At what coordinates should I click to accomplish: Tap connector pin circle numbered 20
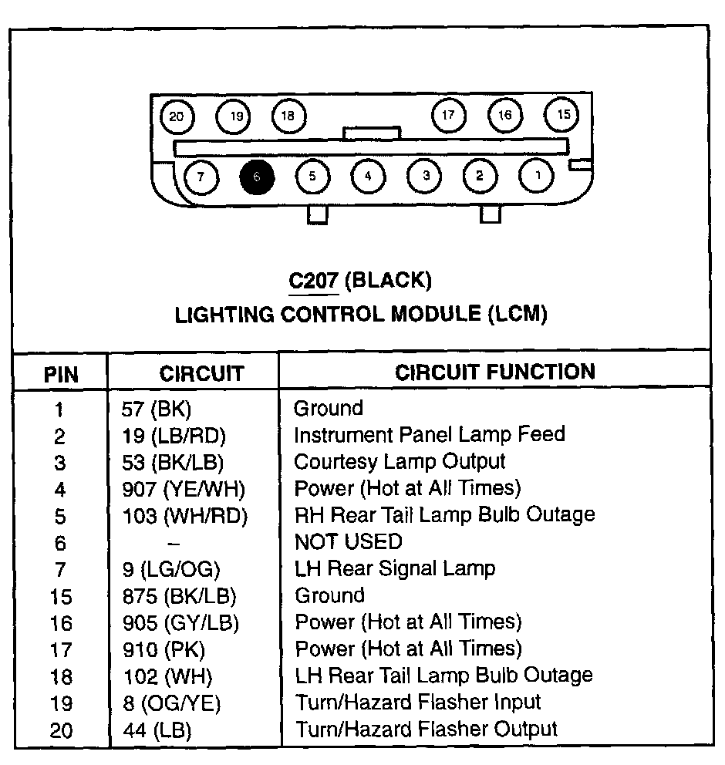tap(177, 117)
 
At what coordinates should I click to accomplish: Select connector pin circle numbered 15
tap(563, 115)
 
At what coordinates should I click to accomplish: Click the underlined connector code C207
tap(314, 280)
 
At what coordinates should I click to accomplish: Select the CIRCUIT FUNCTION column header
tap(495, 372)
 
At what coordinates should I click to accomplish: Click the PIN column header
tap(61, 375)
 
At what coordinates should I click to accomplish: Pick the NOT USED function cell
tap(348, 542)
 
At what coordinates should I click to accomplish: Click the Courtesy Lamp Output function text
tap(400, 461)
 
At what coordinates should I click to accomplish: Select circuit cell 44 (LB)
tap(157, 730)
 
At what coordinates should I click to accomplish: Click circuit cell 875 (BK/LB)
tap(180, 596)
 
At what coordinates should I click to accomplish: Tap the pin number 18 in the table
tap(61, 677)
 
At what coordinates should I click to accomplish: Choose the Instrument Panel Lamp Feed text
tap(430, 434)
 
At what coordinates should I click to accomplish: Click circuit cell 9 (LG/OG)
tap(172, 570)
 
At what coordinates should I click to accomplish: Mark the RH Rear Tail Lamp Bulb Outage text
tap(445, 514)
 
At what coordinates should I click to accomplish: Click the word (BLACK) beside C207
tap(388, 280)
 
